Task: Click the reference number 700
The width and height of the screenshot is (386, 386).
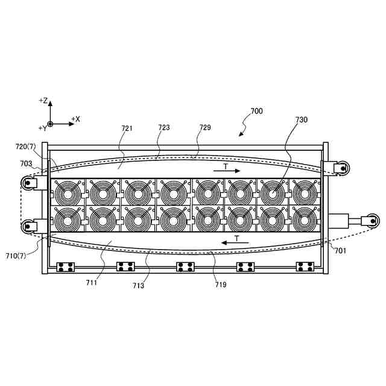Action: pos(256,111)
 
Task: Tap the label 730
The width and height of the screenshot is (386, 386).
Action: pos(301,119)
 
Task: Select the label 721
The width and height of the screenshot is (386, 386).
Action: pos(127,128)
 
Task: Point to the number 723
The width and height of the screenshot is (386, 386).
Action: pos(164,128)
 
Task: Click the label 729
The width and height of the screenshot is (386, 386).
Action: pos(205,128)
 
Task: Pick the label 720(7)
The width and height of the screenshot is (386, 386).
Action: pos(26,147)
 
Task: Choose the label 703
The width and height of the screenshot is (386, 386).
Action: pos(26,163)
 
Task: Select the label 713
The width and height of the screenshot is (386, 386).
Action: pos(139,286)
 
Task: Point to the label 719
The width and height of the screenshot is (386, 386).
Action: pos(220,284)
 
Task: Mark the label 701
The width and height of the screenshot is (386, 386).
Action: pos(341,251)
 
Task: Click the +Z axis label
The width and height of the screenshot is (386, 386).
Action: pos(43,100)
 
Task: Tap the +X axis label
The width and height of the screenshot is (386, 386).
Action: pos(76,119)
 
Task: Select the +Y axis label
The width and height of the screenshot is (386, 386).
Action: pos(42,128)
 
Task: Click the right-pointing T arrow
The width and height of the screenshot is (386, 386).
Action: pos(227,171)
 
